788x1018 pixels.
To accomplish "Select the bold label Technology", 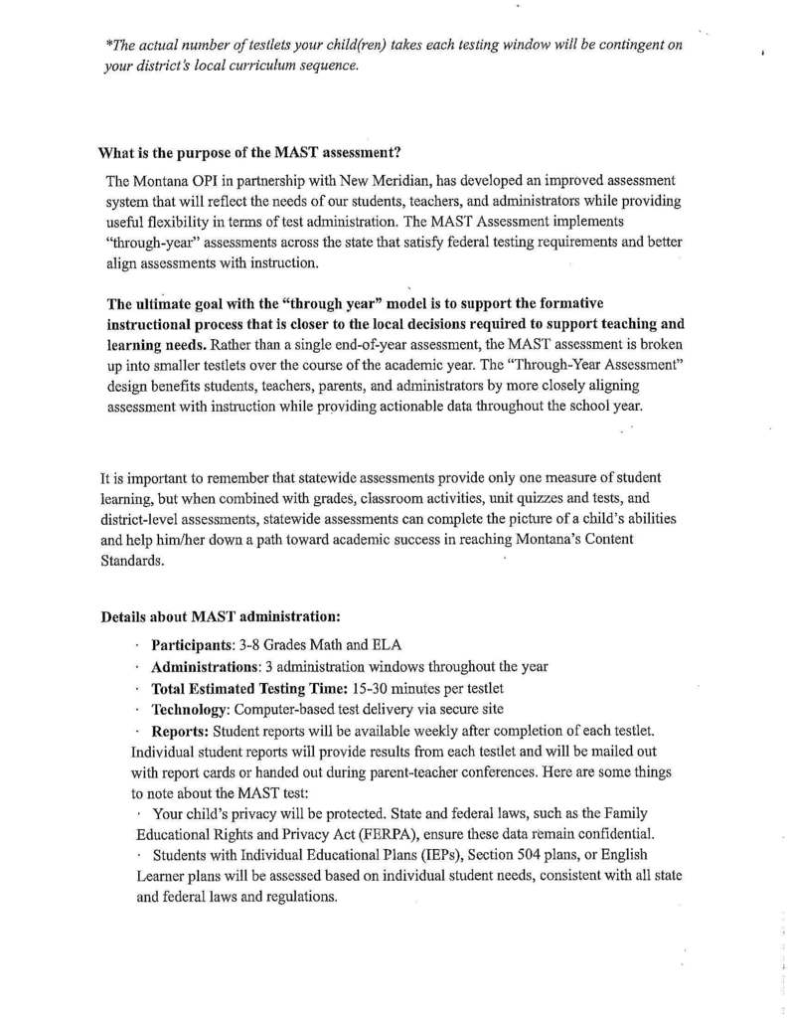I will (x=191, y=709).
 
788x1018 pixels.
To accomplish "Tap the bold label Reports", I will (x=180, y=731).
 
